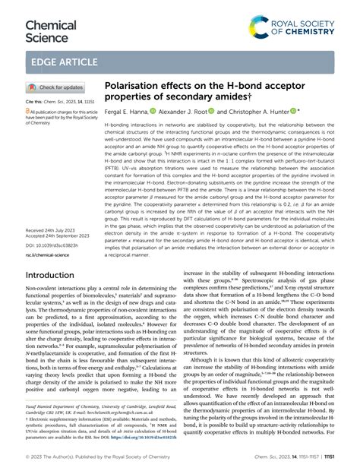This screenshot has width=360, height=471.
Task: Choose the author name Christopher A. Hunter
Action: coord(268,110)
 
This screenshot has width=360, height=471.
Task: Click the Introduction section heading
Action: coord(55,275)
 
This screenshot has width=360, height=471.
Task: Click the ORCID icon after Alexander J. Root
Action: coord(232,110)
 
